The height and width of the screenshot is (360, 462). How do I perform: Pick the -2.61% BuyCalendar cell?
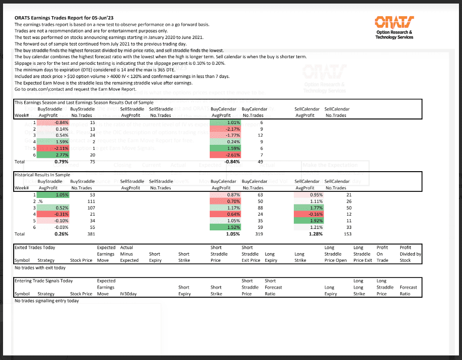pos(225,154)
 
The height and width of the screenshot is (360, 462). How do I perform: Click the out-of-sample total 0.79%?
pos(61,162)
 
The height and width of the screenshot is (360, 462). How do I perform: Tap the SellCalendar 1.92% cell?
pos(310,221)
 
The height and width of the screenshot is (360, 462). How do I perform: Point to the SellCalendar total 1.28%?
pos(315,234)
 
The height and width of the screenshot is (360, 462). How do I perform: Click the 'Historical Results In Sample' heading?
pos(43,174)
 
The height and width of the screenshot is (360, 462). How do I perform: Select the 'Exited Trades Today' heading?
pos(35,248)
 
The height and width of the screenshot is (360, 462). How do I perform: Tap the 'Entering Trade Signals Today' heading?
pos(44,281)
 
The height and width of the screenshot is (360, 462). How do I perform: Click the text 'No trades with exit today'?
pos(40,268)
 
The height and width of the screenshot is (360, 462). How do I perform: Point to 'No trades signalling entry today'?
pos(47,301)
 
